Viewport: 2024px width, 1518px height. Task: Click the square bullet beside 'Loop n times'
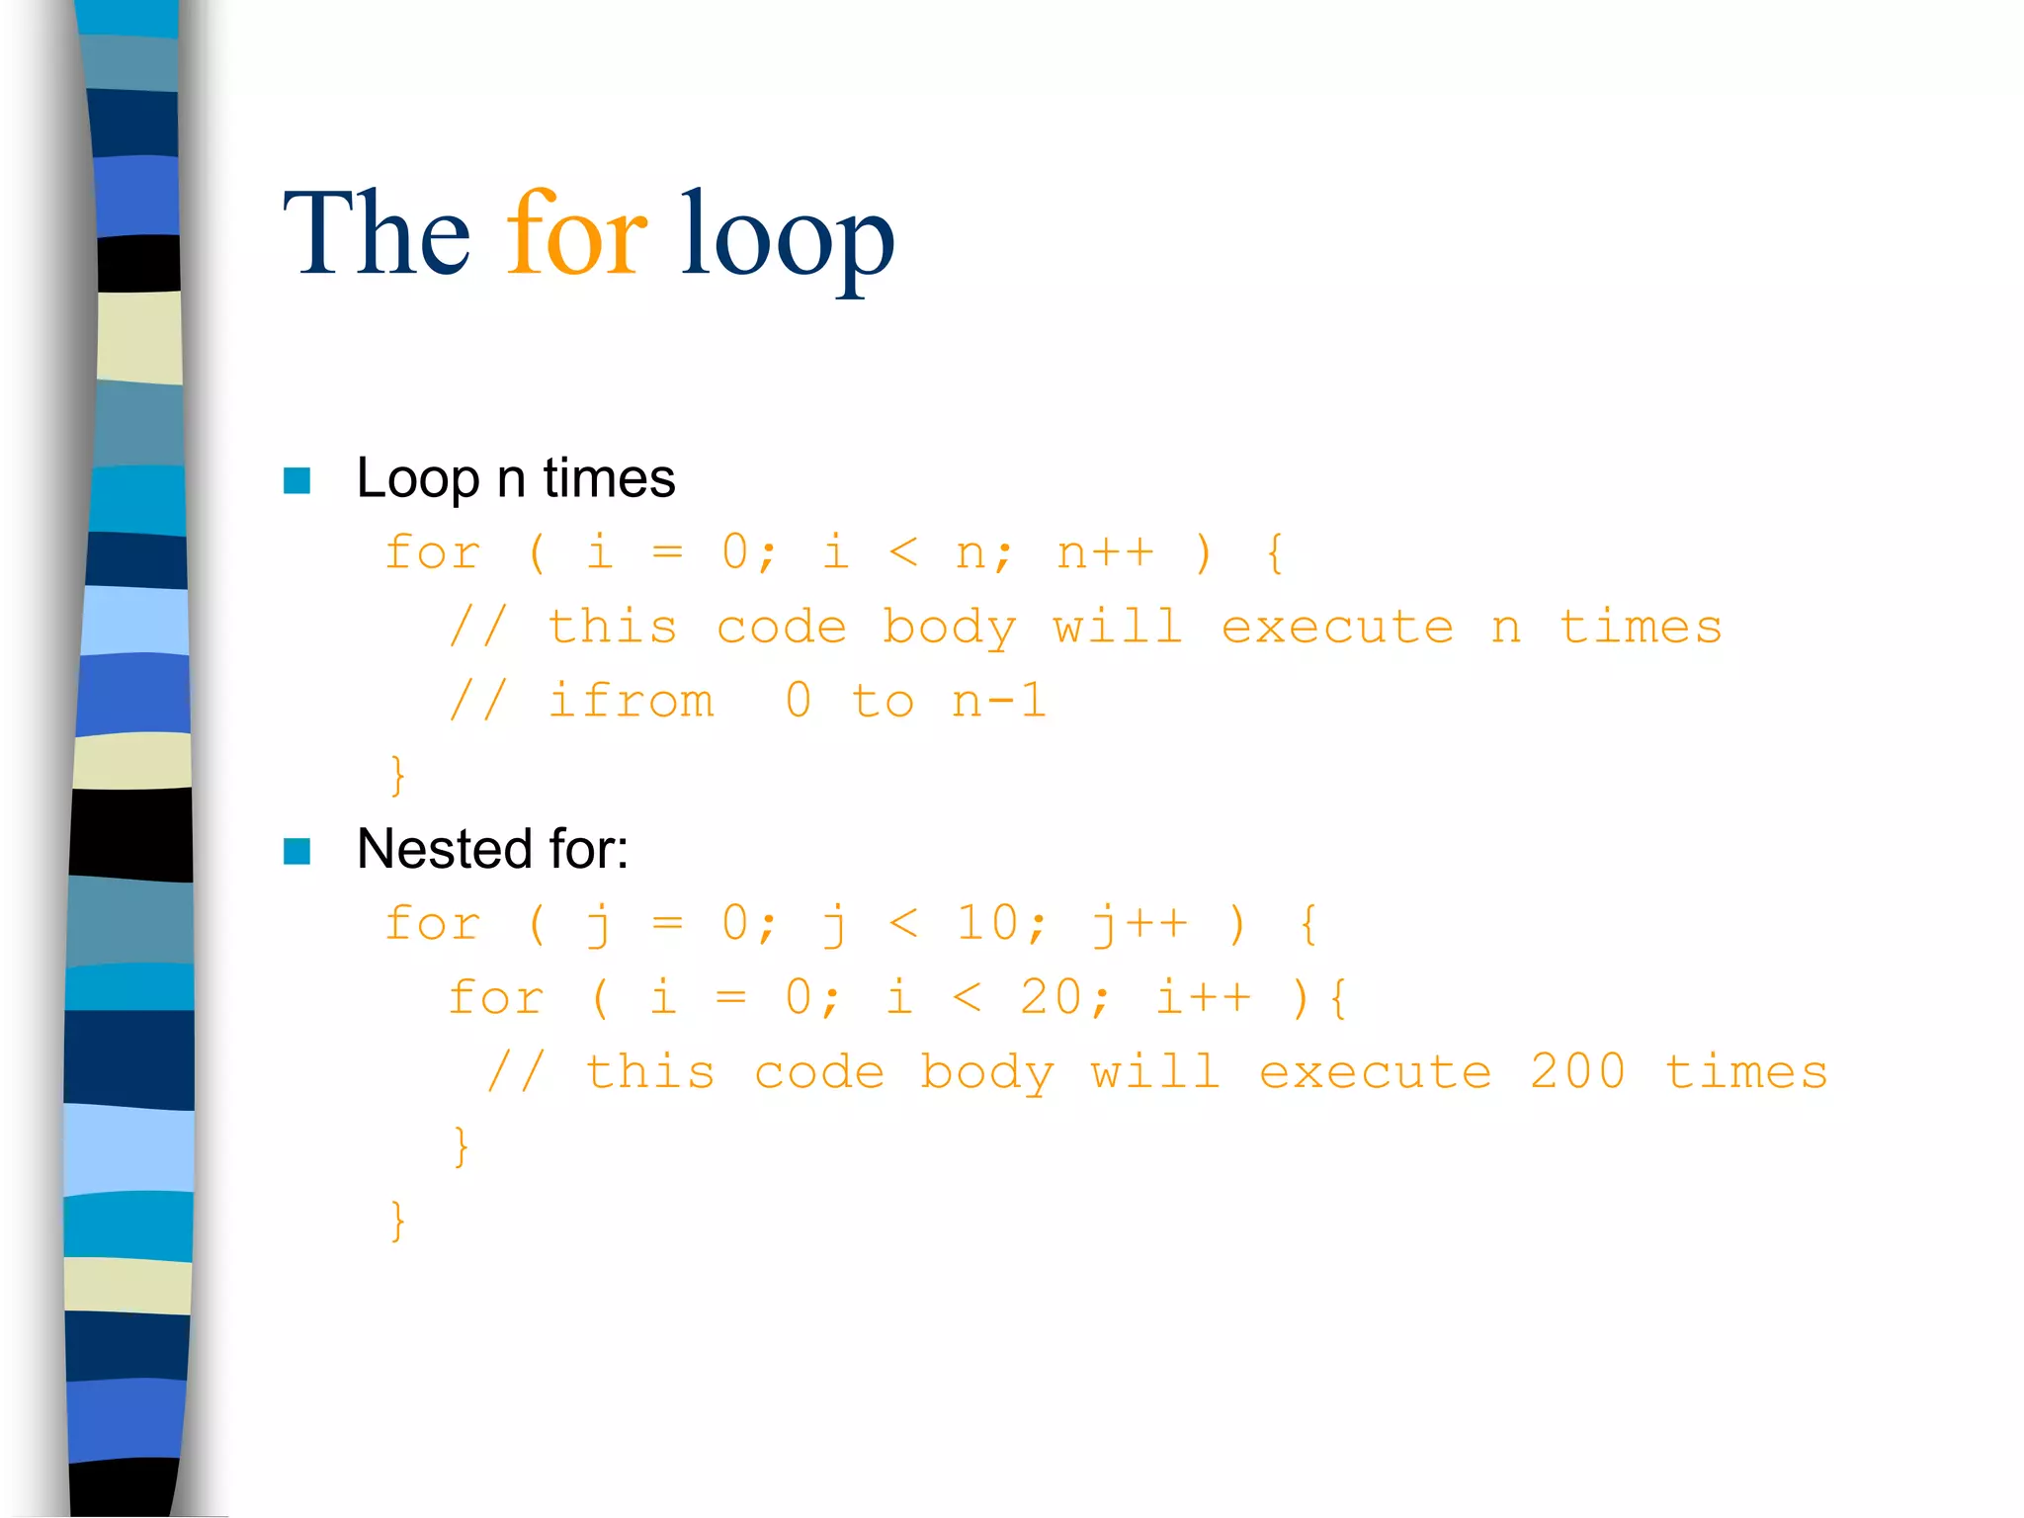pos(296,480)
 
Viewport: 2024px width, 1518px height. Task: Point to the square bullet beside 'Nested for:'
pos(296,851)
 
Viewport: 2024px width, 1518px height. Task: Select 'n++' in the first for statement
pos(1105,552)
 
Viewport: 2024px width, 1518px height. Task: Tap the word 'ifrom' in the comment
pos(632,701)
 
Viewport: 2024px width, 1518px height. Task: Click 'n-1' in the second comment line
pos(998,701)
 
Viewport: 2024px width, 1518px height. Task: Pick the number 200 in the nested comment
pos(1576,1071)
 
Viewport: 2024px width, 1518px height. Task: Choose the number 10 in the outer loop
pos(987,923)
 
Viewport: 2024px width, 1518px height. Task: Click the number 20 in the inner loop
pos(1052,997)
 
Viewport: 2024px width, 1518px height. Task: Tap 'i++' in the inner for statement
pos(1204,997)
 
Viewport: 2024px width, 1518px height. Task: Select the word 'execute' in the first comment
pos(1337,627)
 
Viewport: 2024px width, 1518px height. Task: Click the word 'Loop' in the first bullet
pos(417,480)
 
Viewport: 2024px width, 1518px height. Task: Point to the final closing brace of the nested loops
pos(397,1221)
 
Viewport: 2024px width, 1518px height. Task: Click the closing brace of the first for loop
pos(397,775)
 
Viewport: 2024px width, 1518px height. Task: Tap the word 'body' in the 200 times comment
pos(987,1073)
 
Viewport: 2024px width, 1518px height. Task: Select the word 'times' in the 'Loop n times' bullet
pos(609,478)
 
